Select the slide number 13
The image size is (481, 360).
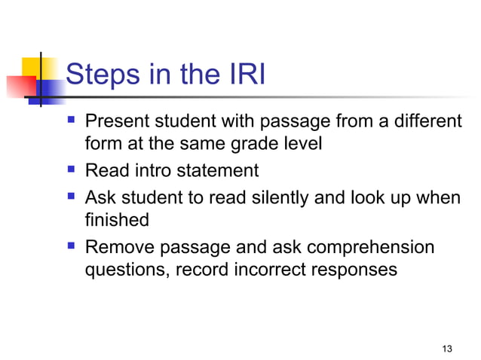(x=448, y=348)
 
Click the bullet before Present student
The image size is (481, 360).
(x=72, y=120)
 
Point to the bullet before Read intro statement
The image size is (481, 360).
(x=72, y=170)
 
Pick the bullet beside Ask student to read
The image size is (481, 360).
(x=72, y=196)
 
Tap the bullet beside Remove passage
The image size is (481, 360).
(x=72, y=246)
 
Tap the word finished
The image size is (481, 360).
(x=117, y=221)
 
